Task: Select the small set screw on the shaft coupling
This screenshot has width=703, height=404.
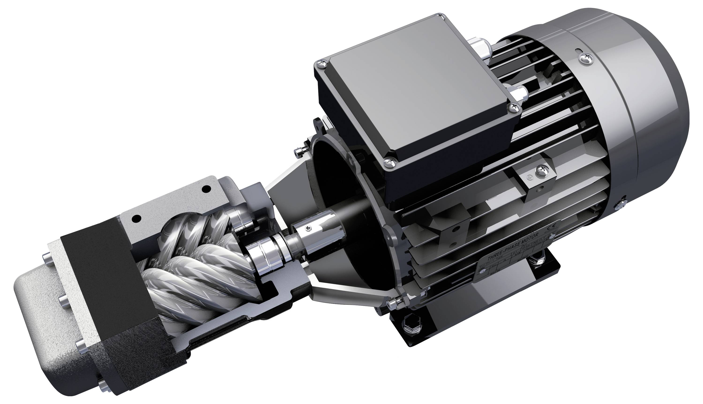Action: (x=310, y=228)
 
